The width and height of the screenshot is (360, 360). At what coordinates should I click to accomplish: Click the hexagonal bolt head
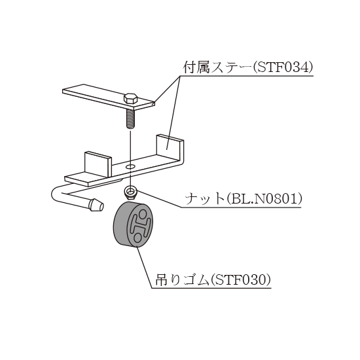click(x=131, y=99)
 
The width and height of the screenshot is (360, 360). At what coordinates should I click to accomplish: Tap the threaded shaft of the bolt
click(x=131, y=119)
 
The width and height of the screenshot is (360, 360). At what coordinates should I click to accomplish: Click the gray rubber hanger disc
click(x=133, y=225)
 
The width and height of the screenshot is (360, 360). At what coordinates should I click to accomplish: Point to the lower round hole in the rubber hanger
click(x=137, y=238)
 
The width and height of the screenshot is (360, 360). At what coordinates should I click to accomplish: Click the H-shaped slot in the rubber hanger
click(x=140, y=226)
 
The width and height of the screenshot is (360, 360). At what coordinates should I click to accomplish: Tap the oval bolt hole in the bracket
click(x=131, y=166)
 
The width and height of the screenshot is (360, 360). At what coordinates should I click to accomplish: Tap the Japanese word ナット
click(x=205, y=199)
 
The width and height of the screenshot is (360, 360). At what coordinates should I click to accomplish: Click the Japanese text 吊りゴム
click(x=183, y=279)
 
